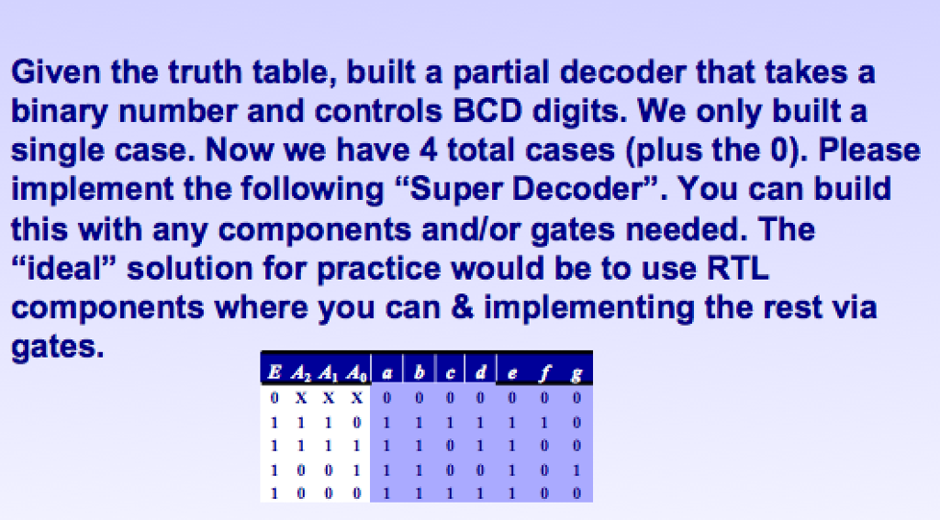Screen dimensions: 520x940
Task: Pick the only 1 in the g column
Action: [x=576, y=470]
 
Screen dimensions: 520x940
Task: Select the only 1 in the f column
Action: [x=545, y=422]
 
